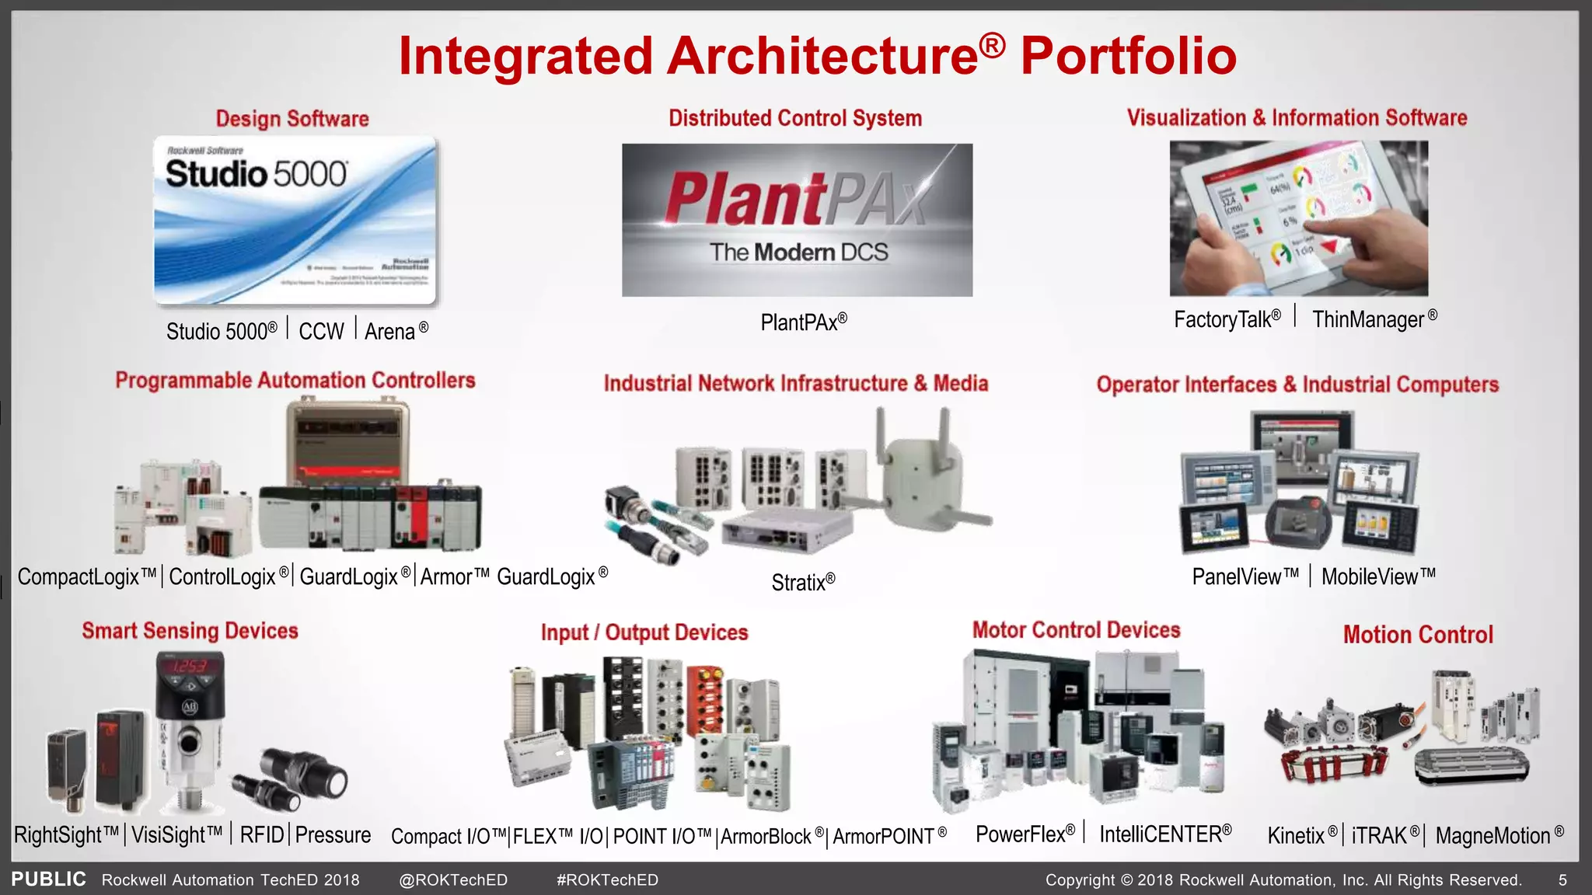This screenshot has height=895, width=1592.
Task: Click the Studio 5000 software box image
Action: [x=295, y=221]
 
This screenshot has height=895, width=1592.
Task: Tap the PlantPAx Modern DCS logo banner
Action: [x=797, y=220]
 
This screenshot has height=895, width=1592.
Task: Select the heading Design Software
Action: [x=292, y=119]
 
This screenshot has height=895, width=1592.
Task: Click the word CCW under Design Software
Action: [x=321, y=332]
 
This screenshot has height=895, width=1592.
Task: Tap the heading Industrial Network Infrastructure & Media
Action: [x=796, y=384]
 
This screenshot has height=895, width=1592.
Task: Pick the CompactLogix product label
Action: [x=86, y=577]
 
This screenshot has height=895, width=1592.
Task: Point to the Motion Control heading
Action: [x=1418, y=635]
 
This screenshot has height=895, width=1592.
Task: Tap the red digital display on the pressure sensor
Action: [x=189, y=666]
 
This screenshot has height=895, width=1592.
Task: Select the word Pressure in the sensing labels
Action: [x=333, y=835]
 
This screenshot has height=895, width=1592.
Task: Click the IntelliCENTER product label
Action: [x=1164, y=834]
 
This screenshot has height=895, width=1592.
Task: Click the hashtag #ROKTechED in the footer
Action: [x=607, y=880]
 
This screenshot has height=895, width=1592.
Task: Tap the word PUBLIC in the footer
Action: [x=48, y=879]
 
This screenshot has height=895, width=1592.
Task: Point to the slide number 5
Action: [x=1562, y=880]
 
